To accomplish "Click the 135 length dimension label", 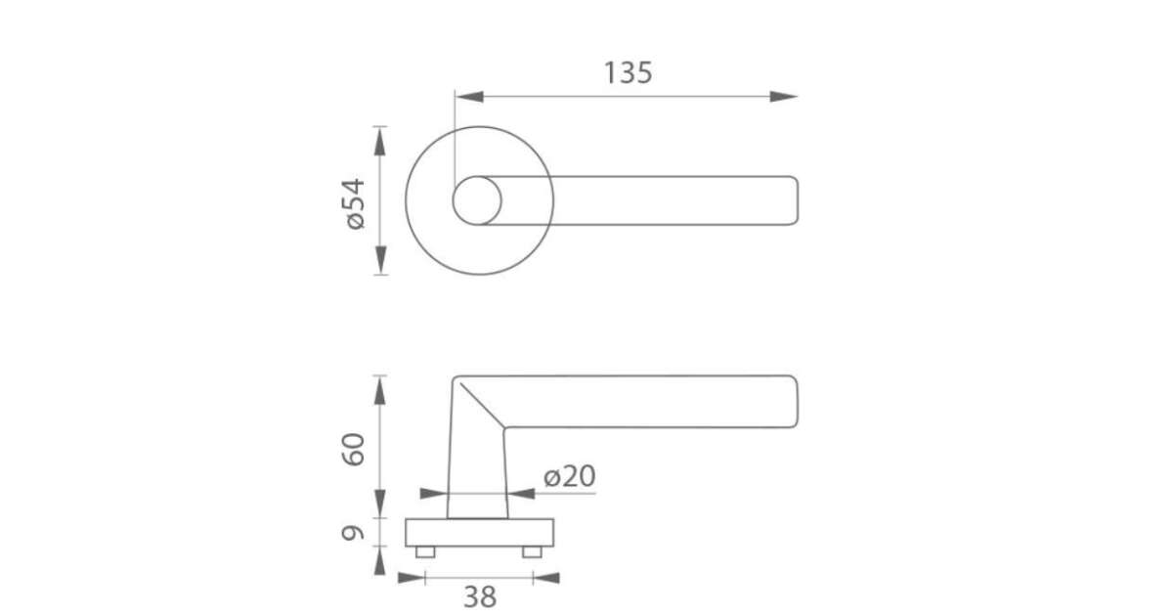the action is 629,72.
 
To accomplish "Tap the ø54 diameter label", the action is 355,203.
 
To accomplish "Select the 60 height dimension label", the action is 353,450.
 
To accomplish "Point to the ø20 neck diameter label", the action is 570,475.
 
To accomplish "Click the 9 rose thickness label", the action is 353,533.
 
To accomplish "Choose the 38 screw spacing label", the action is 480,597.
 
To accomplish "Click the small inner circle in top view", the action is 477,200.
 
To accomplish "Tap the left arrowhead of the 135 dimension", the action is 469,97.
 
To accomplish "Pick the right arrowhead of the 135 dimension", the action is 784,97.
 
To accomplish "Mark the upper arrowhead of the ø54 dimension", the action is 380,141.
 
